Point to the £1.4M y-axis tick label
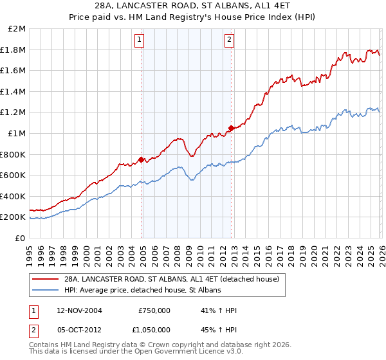(x=14, y=92)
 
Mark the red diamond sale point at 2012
(x=230, y=128)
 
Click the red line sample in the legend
(x=46, y=280)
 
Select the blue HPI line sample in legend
(x=46, y=291)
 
